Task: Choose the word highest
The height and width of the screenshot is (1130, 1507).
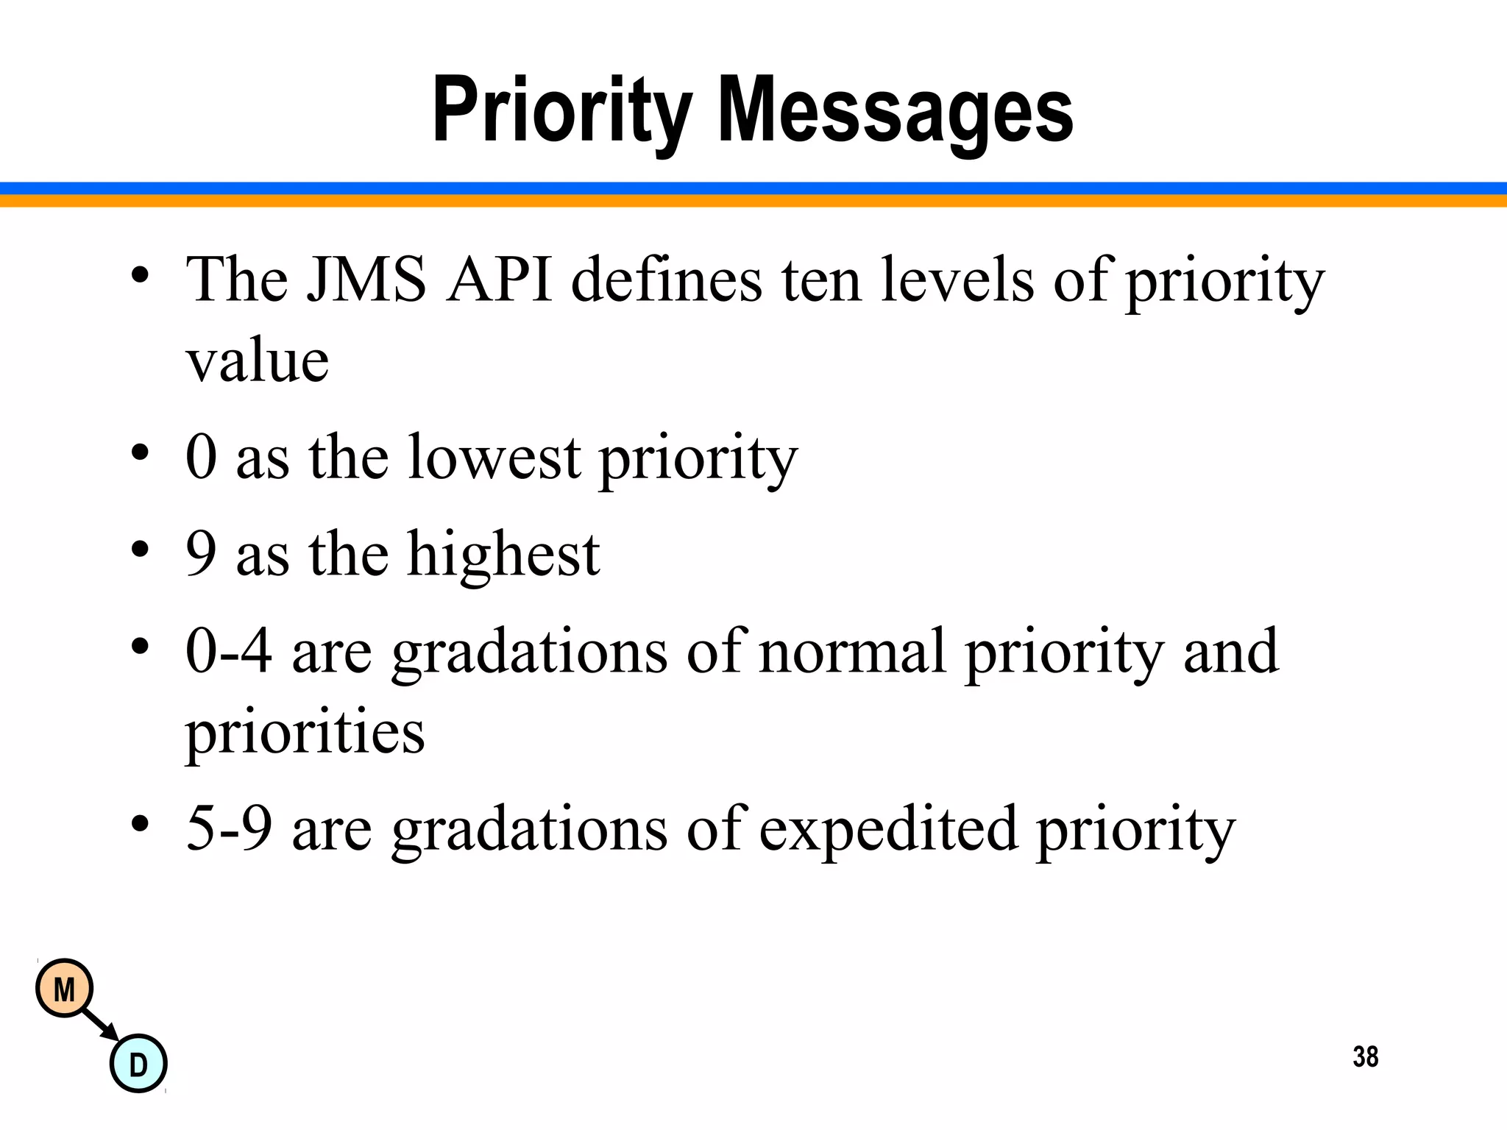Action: (503, 554)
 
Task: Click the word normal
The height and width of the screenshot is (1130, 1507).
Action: (852, 650)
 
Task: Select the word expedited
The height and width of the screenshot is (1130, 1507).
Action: (888, 828)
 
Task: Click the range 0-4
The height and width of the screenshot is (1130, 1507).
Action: (229, 650)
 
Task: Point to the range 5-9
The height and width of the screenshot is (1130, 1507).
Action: (229, 828)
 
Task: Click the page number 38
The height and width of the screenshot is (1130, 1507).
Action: (1365, 1056)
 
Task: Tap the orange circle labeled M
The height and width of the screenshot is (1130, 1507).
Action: (65, 989)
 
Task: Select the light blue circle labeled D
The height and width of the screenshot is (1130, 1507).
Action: (138, 1064)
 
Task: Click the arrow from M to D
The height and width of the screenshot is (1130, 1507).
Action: (101, 1025)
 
